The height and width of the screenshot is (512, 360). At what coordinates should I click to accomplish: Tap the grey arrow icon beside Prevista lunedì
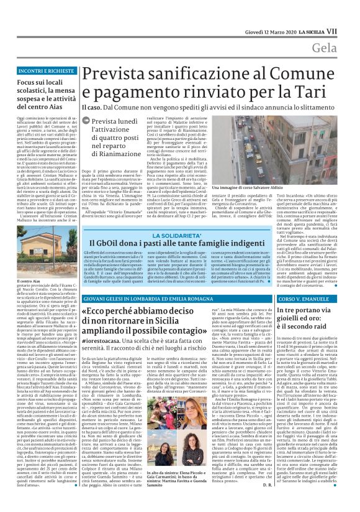[x=87, y=123]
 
